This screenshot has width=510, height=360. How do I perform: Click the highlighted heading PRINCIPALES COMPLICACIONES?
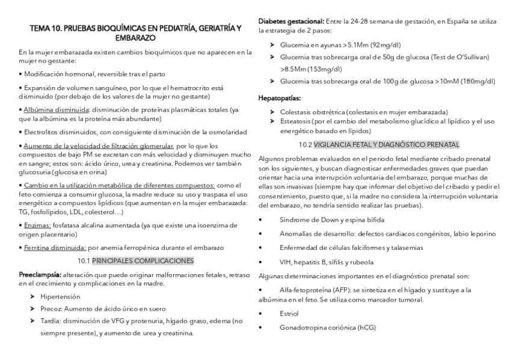(x=143, y=260)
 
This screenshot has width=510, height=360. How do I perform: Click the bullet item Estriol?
(x=289, y=314)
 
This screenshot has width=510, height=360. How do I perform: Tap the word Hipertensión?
(x=60, y=297)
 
